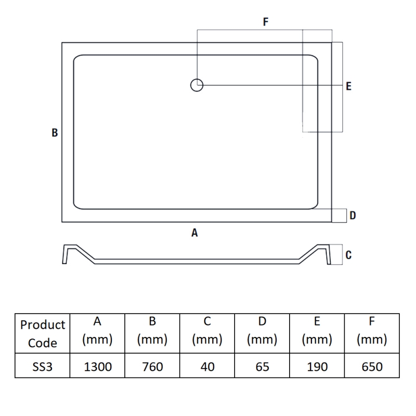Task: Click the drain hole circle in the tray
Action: point(197,85)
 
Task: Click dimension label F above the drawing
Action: point(266,22)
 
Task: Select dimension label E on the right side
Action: point(349,86)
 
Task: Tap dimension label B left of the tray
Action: point(54,133)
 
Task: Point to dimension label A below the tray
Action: point(194,233)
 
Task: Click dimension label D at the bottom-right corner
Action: point(353,215)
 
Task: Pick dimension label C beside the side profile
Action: point(348,255)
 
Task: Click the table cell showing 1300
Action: point(98,367)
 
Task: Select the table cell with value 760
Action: point(152,367)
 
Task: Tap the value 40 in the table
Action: point(207,367)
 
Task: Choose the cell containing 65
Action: point(263,367)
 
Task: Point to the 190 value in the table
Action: point(317,367)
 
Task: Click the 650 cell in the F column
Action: point(372,367)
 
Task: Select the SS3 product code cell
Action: point(42,367)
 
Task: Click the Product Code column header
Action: point(42,333)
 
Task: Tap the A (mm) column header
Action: point(98,331)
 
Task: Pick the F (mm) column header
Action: point(372,331)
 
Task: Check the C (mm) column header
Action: point(207,331)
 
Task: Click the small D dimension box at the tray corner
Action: point(339,215)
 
